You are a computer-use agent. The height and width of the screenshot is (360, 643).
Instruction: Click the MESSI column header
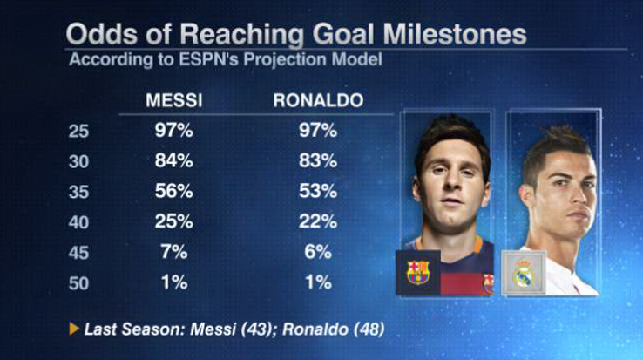coord(173,100)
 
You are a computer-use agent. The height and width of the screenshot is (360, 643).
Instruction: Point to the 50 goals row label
coord(78,282)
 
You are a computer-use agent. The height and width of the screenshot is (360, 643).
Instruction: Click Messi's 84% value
coord(173,161)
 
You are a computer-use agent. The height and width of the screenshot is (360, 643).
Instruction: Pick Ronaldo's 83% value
coord(317,161)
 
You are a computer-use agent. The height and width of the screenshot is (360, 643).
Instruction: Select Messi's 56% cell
coord(173,192)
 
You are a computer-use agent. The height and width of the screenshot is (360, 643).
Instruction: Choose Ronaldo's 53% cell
coord(317,192)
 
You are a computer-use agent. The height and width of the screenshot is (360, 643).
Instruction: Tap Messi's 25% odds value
coord(173,222)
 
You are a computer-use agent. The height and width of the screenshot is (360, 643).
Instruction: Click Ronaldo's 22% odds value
coord(317,222)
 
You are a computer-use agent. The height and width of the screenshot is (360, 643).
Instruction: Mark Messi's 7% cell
coord(173,252)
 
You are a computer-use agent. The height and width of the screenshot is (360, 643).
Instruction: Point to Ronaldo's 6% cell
coord(317,252)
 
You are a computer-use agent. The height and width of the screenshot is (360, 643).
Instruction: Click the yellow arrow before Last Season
coord(74,330)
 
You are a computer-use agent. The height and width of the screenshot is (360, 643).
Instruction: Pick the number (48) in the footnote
coord(369,330)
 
